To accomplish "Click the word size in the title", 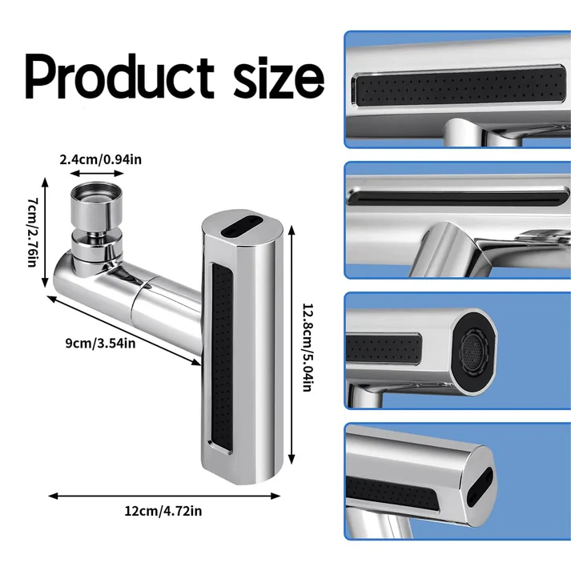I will click(x=268, y=76).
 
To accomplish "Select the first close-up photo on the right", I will click(x=456, y=90).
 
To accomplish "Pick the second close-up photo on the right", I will click(x=456, y=220).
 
